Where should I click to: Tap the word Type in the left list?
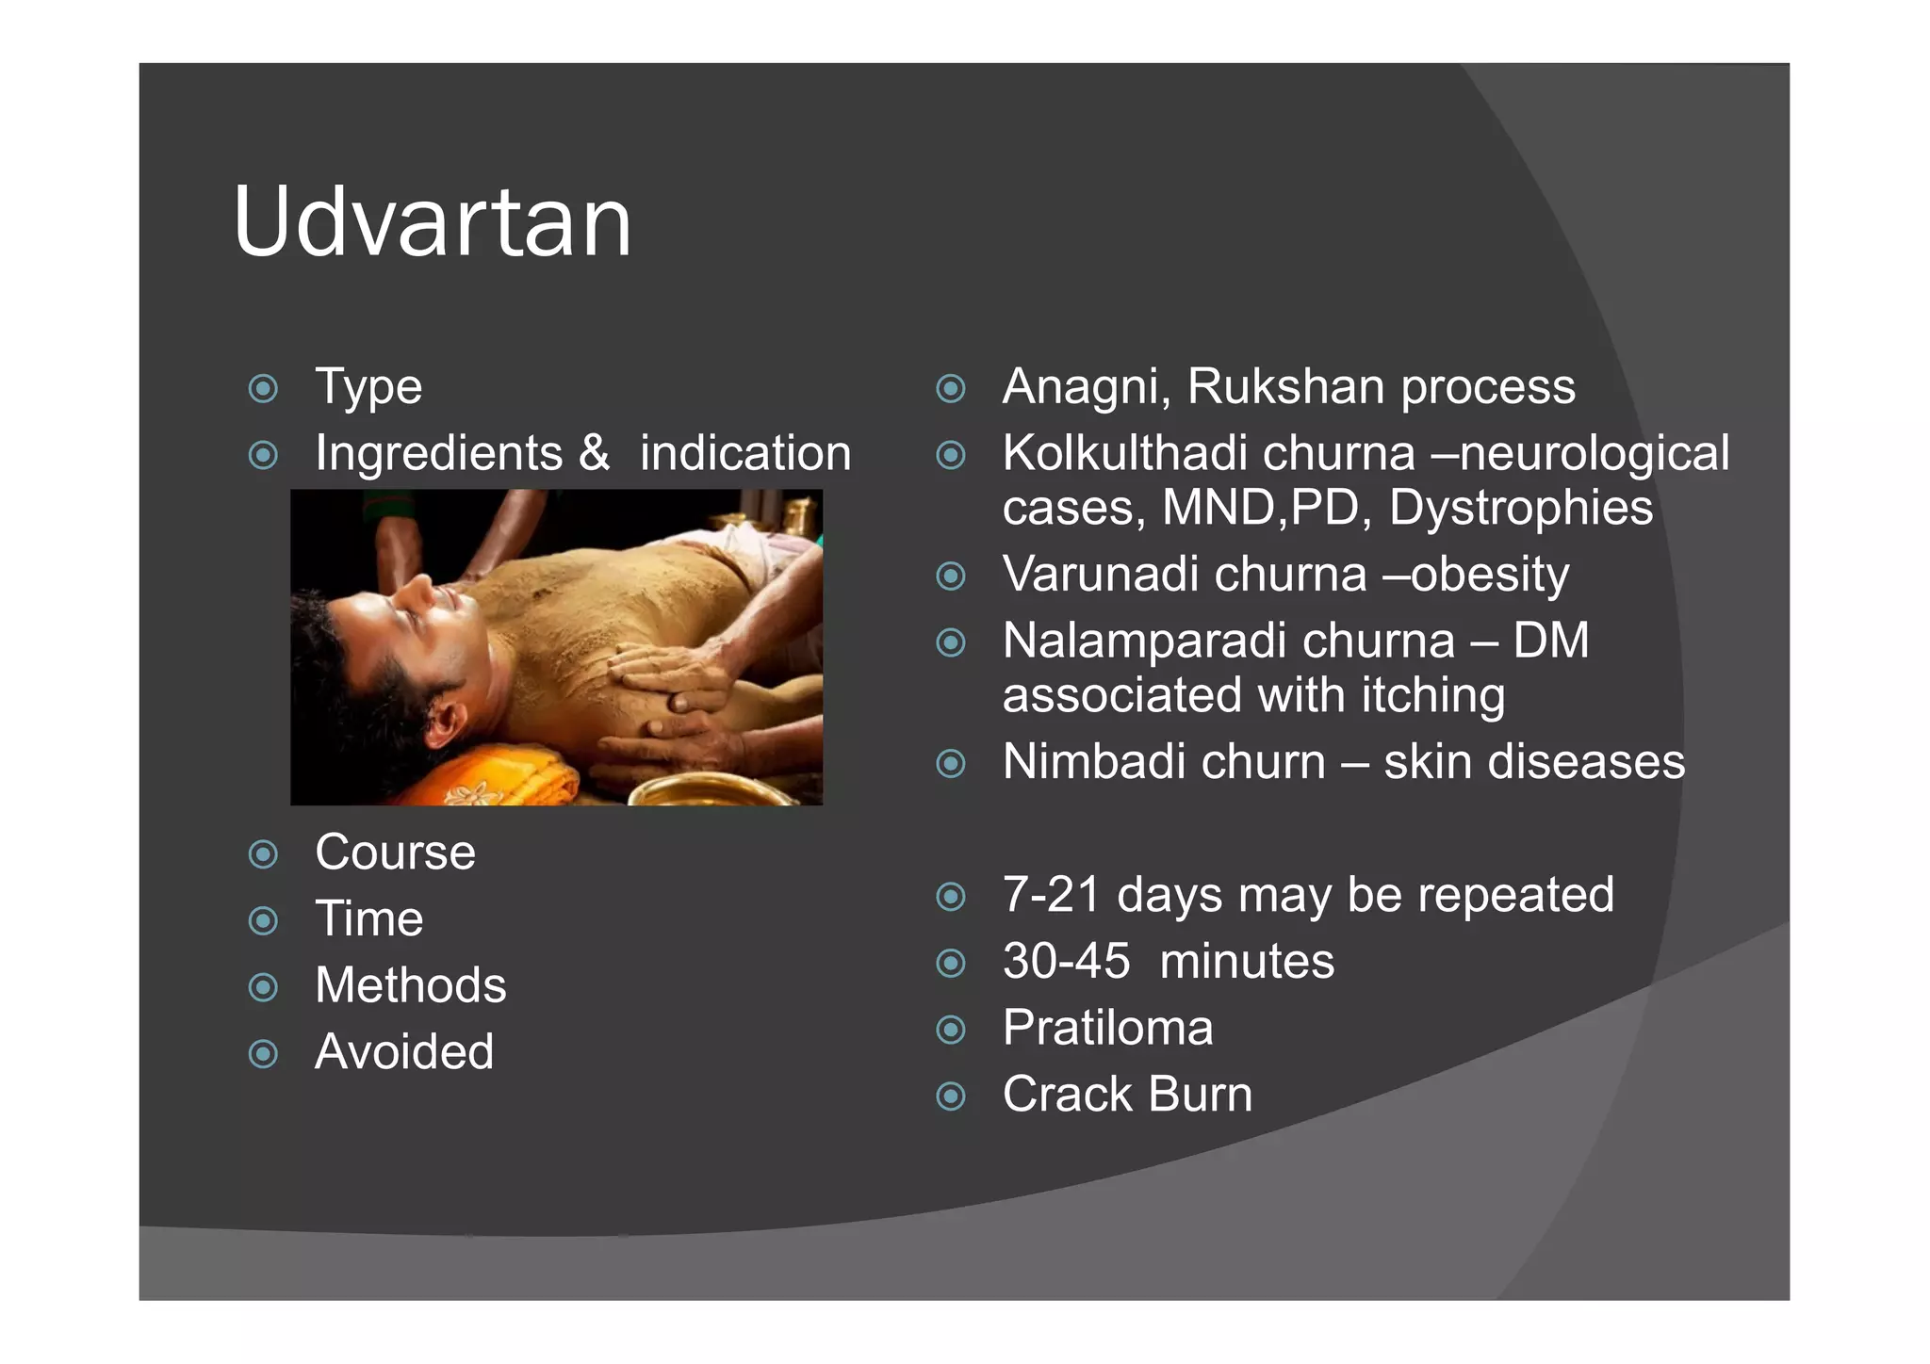[x=368, y=386]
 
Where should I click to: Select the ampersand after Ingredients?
[x=594, y=453]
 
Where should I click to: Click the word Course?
[x=395, y=852]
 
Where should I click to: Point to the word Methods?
[x=410, y=985]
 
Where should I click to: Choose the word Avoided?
[x=403, y=1052]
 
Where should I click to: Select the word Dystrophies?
[x=1520, y=508]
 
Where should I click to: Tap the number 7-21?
[x=1051, y=895]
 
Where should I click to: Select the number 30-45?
[x=1066, y=962]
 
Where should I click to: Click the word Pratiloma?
[x=1107, y=1029]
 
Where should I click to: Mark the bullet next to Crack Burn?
[x=951, y=1096]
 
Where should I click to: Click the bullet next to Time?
[x=263, y=920]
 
